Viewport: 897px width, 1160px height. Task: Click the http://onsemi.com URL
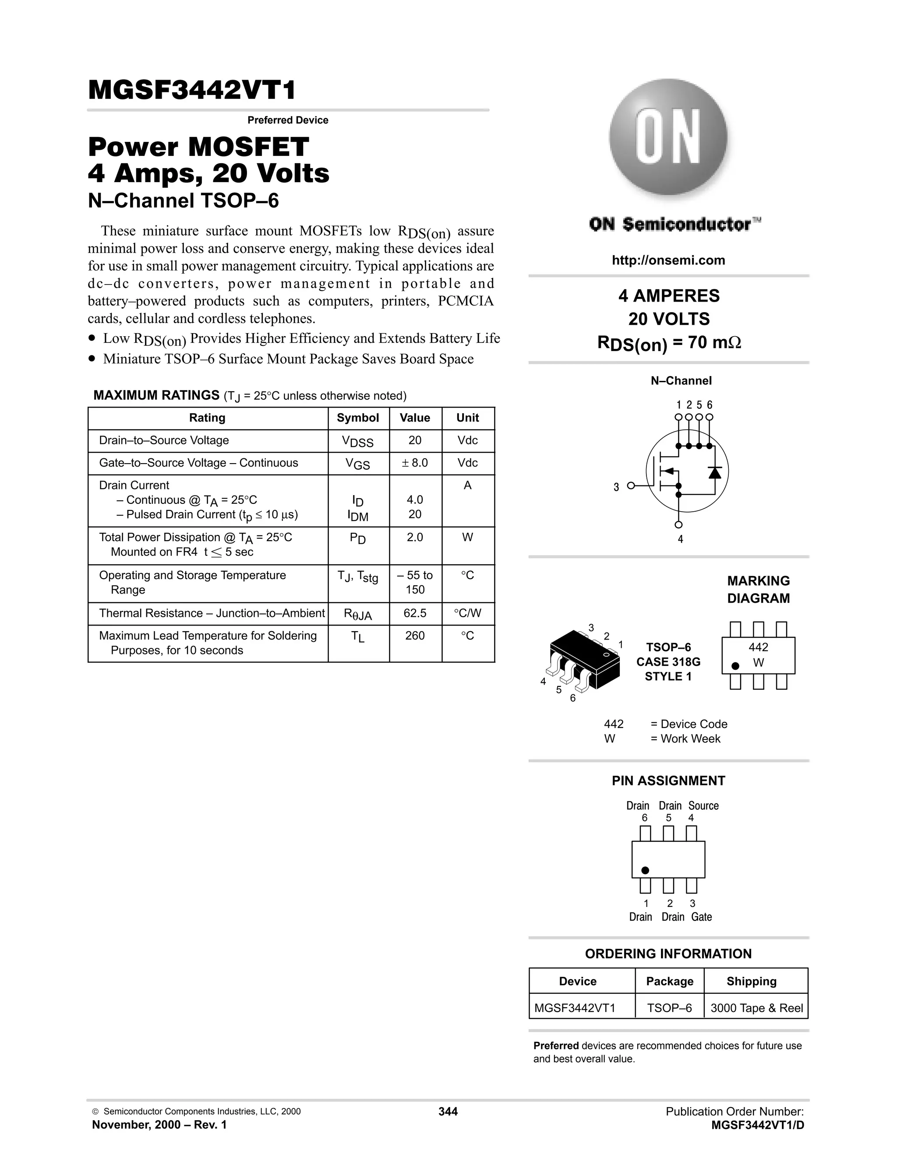(668, 260)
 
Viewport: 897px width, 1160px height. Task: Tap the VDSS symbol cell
(358, 441)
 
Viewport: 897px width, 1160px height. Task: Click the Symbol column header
(358, 418)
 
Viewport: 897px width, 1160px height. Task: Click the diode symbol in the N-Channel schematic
(715, 471)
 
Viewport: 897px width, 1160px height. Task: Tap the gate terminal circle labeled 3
(631, 485)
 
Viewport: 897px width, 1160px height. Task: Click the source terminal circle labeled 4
(678, 525)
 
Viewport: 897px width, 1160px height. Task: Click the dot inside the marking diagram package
(735, 666)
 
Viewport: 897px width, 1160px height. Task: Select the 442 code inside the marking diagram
(758, 647)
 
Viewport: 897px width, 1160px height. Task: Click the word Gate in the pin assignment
(702, 917)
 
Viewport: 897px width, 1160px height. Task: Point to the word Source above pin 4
(703, 806)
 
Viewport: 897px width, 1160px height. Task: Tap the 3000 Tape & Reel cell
(756, 1008)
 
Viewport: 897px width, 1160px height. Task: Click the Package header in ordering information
(670, 981)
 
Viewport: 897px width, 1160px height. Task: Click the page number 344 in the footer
(448, 1112)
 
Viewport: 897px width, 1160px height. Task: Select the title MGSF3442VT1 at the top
(192, 90)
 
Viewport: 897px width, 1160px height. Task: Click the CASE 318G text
(668, 662)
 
